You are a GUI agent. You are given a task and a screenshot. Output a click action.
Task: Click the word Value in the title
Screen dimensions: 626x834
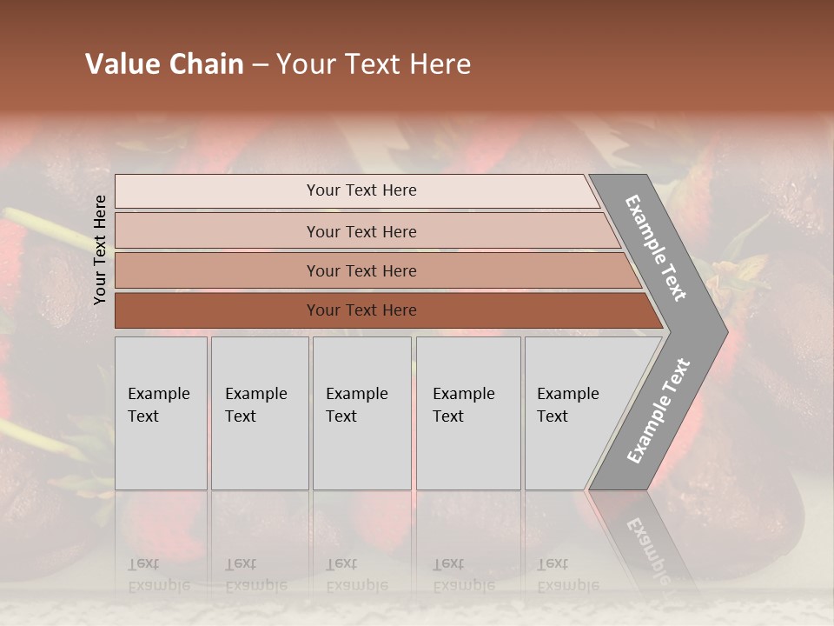(x=121, y=64)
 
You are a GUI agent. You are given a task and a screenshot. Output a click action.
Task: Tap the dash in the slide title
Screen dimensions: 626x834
(x=260, y=65)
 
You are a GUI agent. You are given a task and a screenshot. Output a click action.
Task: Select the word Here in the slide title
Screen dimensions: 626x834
(x=440, y=64)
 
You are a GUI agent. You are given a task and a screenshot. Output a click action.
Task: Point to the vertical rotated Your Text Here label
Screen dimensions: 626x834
(x=100, y=250)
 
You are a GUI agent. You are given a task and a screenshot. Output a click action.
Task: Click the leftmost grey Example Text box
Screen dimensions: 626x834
(x=161, y=413)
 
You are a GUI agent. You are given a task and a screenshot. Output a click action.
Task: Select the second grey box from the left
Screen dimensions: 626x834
(x=260, y=413)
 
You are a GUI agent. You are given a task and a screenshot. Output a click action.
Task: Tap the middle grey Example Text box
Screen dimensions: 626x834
(x=361, y=413)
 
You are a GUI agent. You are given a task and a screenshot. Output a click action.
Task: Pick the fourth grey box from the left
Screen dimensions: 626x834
(x=468, y=413)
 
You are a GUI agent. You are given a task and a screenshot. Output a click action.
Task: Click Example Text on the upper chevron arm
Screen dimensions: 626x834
(x=656, y=248)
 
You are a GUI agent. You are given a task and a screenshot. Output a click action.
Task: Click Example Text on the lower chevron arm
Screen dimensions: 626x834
(x=658, y=411)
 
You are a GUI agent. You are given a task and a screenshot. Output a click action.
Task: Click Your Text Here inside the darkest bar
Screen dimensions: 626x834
(x=361, y=310)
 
